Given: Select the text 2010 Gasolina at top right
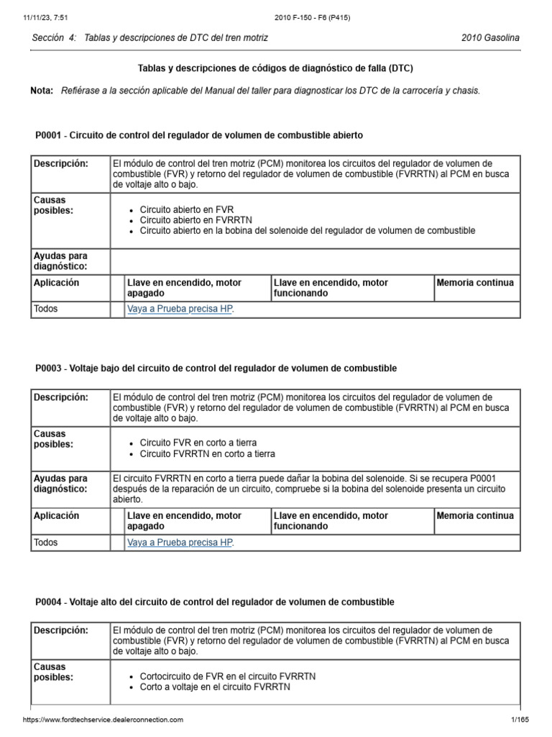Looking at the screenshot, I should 490,37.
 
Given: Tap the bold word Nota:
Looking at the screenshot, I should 42,91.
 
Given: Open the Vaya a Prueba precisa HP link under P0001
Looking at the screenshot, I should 180,309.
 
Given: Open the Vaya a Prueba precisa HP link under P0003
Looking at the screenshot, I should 180,543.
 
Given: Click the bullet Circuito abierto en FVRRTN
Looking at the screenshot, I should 195,220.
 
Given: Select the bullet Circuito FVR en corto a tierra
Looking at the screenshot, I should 198,443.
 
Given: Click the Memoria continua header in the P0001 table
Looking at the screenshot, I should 475,283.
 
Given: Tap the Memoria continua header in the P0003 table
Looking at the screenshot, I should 475,516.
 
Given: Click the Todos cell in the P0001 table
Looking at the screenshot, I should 46,309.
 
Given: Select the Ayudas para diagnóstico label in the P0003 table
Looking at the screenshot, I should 60,484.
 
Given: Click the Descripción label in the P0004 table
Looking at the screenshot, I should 61,630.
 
